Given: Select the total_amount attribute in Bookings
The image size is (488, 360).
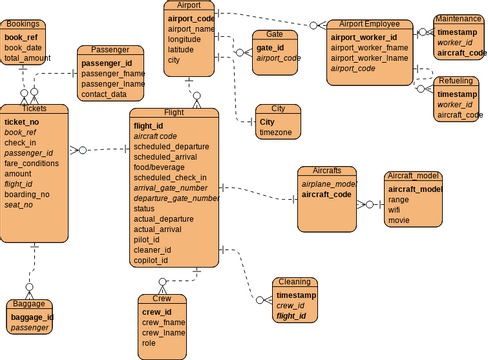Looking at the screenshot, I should coord(26,58).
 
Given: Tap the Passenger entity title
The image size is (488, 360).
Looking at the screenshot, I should coord(113,49).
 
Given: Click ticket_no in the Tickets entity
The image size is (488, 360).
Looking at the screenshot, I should coord(21,121).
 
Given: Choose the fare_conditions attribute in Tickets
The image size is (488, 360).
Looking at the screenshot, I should coord(31,163).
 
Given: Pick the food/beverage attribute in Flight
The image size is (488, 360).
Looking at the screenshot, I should coord(162,166).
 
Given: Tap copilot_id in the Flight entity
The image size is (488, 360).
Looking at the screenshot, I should coord(151,260).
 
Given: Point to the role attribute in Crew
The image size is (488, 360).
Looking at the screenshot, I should coord(149,343).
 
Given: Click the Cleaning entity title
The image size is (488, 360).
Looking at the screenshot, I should coord(294,283).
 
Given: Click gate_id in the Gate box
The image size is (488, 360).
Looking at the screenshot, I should coord(270,47).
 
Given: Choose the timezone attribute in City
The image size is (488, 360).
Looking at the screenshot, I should coord(275,132).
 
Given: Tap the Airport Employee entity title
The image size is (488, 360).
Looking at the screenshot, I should coord(369,23).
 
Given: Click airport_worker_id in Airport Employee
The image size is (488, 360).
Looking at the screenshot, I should coord(365,37).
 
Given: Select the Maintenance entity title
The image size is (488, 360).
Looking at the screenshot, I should coord(459,19).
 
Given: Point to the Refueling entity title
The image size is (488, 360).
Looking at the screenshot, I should coord(456,79).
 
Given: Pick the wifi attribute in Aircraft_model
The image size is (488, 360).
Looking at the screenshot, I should coord(396,210).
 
